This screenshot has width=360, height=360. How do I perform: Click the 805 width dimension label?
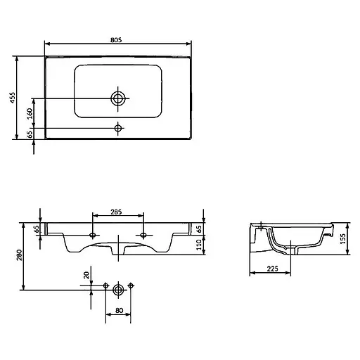pyautogui.click(x=116, y=40)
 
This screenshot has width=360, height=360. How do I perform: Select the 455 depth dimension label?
pyautogui.click(x=13, y=97)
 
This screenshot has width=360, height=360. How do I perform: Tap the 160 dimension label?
pyautogui.click(x=30, y=113)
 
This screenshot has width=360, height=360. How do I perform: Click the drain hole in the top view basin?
pyautogui.click(x=118, y=98)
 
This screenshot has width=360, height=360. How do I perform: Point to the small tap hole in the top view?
pyautogui.click(x=118, y=128)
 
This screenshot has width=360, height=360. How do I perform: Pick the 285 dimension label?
pyautogui.click(x=116, y=212)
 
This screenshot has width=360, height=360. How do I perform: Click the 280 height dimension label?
pyautogui.click(x=20, y=255)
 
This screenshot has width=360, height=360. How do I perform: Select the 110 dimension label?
pyautogui.click(x=199, y=245)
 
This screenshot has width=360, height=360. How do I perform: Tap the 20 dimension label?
pyautogui.click(x=86, y=275)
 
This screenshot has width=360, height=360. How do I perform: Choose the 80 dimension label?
pyautogui.click(x=119, y=310)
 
